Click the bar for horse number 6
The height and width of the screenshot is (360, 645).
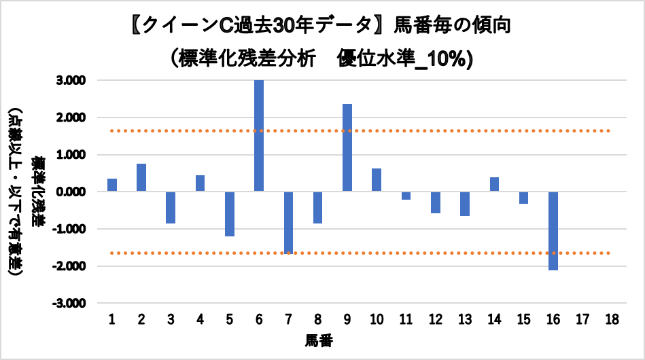259,136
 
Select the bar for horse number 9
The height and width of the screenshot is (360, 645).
347,147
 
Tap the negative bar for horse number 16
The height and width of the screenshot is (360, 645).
553,230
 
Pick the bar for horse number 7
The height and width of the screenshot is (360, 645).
288,222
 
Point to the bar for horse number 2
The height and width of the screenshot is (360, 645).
141,177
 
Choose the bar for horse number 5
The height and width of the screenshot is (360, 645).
230,213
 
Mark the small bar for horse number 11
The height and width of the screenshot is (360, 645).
406,196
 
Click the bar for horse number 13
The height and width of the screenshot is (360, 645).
465,203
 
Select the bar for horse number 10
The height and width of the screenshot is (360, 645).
377,180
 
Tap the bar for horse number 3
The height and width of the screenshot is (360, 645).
171,207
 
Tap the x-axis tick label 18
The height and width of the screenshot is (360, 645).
612,320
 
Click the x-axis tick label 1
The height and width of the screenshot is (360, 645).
112,320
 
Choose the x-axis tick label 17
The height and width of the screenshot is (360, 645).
582,320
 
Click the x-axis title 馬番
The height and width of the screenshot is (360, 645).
319,339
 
